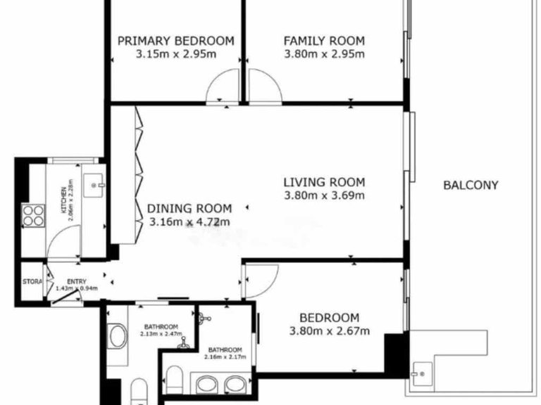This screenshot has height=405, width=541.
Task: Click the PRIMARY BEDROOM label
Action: pos(175,41)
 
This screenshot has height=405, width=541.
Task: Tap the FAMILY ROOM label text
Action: pos(324,41)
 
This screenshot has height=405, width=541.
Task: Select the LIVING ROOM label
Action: pos(324,182)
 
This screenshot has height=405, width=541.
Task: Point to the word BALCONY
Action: pos(471,186)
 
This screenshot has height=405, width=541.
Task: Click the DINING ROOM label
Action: pos(189,208)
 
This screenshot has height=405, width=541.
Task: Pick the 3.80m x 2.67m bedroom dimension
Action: pos(329,331)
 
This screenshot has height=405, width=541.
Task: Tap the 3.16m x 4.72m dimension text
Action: pos(189,222)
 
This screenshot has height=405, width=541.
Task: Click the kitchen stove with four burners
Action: pos(32,214)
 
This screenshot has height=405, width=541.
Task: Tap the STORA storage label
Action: pos(32,282)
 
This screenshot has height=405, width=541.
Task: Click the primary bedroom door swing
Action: pos(223,87)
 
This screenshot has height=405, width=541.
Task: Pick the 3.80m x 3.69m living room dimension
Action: pos(324,195)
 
